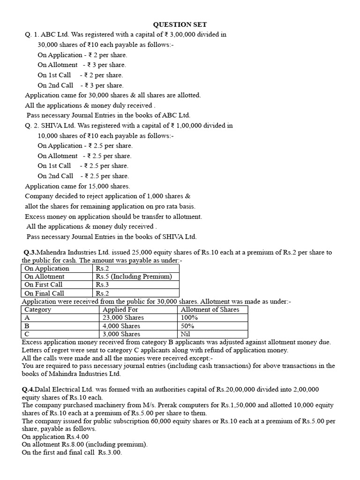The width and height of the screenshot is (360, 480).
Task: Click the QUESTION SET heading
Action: (180, 24)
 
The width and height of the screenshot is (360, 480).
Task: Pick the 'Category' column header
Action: (38, 309)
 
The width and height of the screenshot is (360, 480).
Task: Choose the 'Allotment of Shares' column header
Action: (210, 309)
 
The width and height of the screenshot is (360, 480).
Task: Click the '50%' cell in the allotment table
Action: (187, 326)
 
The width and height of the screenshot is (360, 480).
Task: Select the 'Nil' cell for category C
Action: (186, 334)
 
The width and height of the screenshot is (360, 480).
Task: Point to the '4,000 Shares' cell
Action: (121, 326)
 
